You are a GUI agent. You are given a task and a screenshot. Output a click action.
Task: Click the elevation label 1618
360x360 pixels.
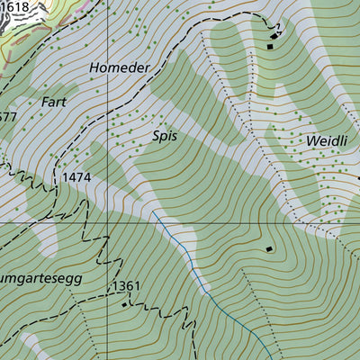15,6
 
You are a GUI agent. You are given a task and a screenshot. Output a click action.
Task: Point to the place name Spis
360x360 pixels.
165,137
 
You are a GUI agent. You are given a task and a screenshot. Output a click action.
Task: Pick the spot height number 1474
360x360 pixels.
77,178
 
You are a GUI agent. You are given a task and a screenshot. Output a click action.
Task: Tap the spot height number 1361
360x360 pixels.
127,286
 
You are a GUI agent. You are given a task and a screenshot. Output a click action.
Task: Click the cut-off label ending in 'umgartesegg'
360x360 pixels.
40,278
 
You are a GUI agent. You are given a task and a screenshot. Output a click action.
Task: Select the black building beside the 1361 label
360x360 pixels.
124,305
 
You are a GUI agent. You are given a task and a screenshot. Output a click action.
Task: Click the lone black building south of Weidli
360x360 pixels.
267,248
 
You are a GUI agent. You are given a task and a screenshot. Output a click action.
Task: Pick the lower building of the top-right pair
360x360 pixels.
269,46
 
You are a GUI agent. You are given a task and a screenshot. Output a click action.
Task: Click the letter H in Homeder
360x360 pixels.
94,67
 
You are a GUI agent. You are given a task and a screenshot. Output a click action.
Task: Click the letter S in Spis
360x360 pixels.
156,137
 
